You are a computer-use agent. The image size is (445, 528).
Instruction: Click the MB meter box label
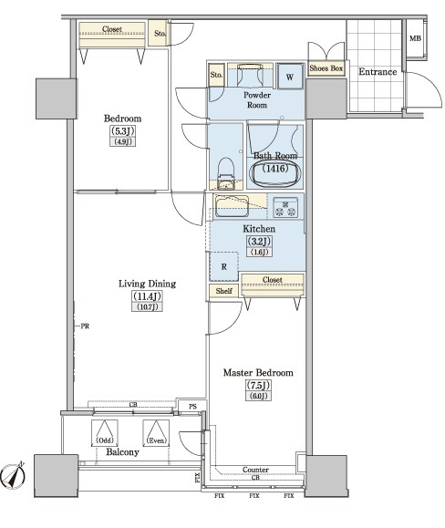[x=415, y=38]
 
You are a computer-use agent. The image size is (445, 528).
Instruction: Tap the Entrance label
[x=378, y=72]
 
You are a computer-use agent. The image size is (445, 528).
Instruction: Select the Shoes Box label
[x=326, y=68]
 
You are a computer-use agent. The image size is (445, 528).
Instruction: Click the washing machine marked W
[x=290, y=77]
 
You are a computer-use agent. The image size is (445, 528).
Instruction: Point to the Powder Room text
[x=257, y=100]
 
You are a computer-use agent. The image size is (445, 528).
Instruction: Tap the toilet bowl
[x=226, y=172]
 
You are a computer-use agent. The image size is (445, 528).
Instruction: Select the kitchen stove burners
[x=285, y=207]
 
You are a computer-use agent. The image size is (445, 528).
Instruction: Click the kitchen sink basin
[x=232, y=206]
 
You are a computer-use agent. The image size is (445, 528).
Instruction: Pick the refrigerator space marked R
[x=223, y=266]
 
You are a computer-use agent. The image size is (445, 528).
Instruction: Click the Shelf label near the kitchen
[x=223, y=291]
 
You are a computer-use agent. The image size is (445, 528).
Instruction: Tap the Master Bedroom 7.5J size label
[x=258, y=385]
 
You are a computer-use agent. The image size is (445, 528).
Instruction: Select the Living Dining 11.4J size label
[x=147, y=296]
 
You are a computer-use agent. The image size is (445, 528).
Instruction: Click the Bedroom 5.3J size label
[x=122, y=130]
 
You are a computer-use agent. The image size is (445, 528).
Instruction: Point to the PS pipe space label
[x=192, y=407]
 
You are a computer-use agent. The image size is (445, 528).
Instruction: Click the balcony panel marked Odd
[x=105, y=433]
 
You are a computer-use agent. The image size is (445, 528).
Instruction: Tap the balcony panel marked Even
[x=156, y=433]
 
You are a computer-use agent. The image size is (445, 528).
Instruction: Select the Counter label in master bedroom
[x=255, y=469]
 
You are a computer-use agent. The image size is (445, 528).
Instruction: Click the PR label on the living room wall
[x=85, y=326]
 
